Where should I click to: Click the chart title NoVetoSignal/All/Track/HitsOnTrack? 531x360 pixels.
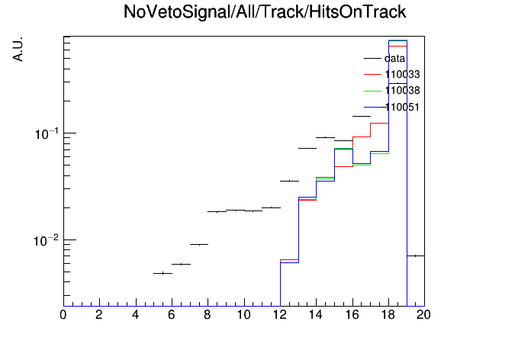pyautogui.click(x=265, y=12)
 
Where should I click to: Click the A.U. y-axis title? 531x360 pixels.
pyautogui.click(x=18, y=50)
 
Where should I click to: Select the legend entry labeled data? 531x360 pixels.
pyautogui.click(x=385, y=58)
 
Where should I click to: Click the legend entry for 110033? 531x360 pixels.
pyautogui.click(x=392, y=74)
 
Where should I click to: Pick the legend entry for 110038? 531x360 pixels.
pyautogui.click(x=392, y=91)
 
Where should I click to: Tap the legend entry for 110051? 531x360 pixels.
pyautogui.click(x=392, y=107)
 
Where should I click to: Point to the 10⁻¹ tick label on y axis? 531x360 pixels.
pyautogui.click(x=47, y=133)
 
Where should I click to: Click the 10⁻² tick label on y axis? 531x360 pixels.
pyautogui.click(x=47, y=241)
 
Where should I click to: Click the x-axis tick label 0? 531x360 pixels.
pyautogui.click(x=63, y=315)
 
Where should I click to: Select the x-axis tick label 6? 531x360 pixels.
pyautogui.click(x=172, y=315)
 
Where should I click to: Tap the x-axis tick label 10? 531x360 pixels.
pyautogui.click(x=244, y=315)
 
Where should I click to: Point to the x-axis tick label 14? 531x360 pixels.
pyautogui.click(x=316, y=315)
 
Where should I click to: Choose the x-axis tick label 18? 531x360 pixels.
pyautogui.click(x=388, y=315)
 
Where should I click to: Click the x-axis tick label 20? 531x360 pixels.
pyautogui.click(x=423, y=315)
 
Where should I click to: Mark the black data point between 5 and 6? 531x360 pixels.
pyautogui.click(x=163, y=273)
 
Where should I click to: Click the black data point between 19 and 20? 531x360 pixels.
pyautogui.click(x=416, y=256)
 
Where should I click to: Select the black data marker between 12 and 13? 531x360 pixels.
pyautogui.click(x=290, y=181)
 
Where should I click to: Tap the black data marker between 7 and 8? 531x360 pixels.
pyautogui.click(x=199, y=244)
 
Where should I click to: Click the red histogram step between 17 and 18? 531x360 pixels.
pyautogui.click(x=379, y=124)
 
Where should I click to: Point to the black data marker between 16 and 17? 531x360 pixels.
pyautogui.click(x=362, y=116)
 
